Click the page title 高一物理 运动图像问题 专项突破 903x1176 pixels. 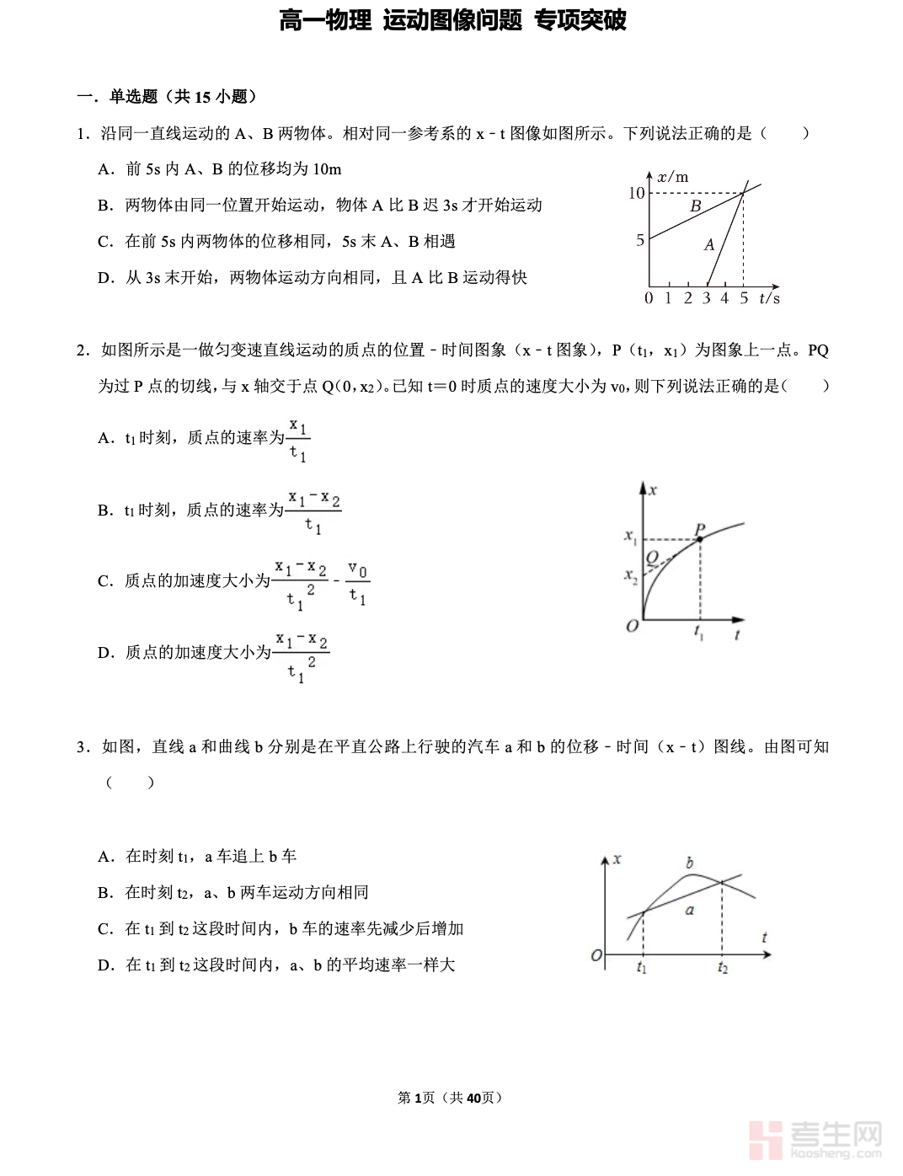pos(452,20)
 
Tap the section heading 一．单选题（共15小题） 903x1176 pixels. pos(167,97)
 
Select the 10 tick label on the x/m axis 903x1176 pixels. pos(636,193)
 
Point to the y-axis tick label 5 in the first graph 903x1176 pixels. pos(640,240)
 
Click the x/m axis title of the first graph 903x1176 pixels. pos(673,176)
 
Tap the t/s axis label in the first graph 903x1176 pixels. pos(769,298)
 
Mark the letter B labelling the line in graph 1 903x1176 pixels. pos(696,206)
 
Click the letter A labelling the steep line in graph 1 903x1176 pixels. pos(709,244)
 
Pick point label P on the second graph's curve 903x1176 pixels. pos(700,530)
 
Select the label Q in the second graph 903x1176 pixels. pos(652,557)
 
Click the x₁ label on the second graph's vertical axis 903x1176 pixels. pos(630,536)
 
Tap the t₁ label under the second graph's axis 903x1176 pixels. pos(699,632)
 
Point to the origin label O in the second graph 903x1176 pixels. pos(632,627)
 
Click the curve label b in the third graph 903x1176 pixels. pos(690,863)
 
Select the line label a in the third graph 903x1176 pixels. pos(690,910)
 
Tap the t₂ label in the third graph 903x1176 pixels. pos(723,968)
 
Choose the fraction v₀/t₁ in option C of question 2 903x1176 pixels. pos(358,583)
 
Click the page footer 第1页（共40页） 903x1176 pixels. pos(451,1098)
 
